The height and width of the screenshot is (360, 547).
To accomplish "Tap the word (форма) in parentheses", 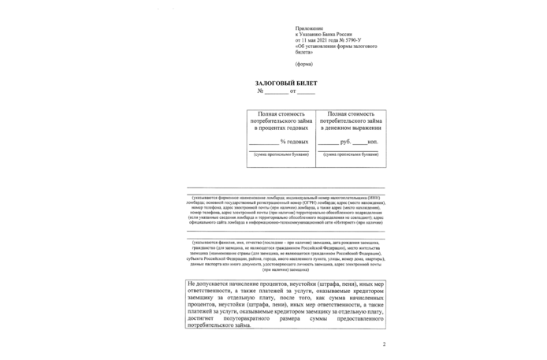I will (303, 63).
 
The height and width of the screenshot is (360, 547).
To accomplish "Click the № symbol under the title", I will (260, 92).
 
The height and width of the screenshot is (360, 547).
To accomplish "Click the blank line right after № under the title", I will (276, 93).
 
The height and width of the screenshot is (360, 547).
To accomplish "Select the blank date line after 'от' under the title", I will (306, 93).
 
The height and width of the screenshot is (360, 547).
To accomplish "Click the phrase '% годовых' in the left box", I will (294, 142).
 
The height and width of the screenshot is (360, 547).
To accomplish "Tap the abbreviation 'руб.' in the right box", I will (344, 142).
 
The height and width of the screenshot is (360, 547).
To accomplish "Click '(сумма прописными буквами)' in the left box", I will (281, 154).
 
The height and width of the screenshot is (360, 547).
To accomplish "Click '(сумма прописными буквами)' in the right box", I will (350, 154).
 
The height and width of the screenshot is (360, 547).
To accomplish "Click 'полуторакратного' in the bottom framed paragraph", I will (250, 316).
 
